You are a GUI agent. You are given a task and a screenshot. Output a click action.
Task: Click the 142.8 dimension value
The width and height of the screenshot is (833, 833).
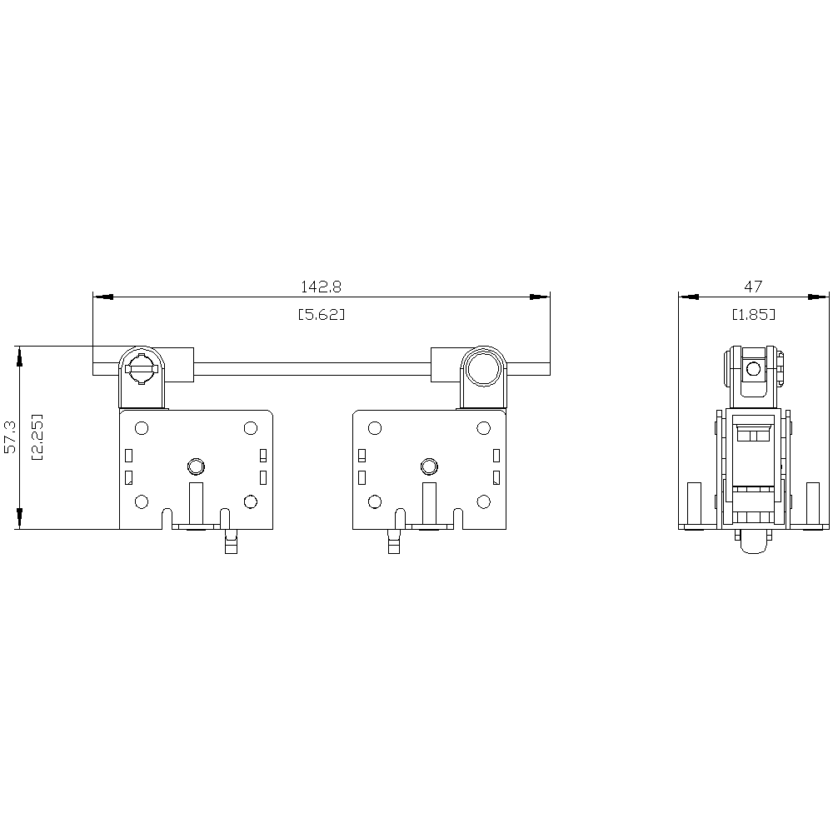click(321, 287)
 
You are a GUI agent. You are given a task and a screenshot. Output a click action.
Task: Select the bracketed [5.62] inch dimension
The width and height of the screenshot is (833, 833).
click(321, 315)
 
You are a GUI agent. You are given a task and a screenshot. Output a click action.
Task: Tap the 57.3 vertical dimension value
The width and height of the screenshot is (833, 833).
click(10, 436)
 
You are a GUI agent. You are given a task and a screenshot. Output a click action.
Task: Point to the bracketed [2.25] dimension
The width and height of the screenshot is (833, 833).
click(37, 436)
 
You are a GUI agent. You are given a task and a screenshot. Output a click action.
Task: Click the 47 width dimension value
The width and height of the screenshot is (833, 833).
click(753, 287)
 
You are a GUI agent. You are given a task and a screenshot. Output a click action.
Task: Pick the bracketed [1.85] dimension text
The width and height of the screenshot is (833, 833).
click(753, 315)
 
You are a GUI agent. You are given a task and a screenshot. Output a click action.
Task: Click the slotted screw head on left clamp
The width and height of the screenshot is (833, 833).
click(142, 368)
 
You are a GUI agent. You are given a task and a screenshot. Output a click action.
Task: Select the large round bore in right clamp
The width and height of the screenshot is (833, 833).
click(483, 367)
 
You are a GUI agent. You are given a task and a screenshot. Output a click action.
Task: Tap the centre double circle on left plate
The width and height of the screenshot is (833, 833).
click(196, 466)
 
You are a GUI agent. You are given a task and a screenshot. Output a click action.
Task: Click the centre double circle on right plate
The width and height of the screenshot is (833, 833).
click(429, 466)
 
